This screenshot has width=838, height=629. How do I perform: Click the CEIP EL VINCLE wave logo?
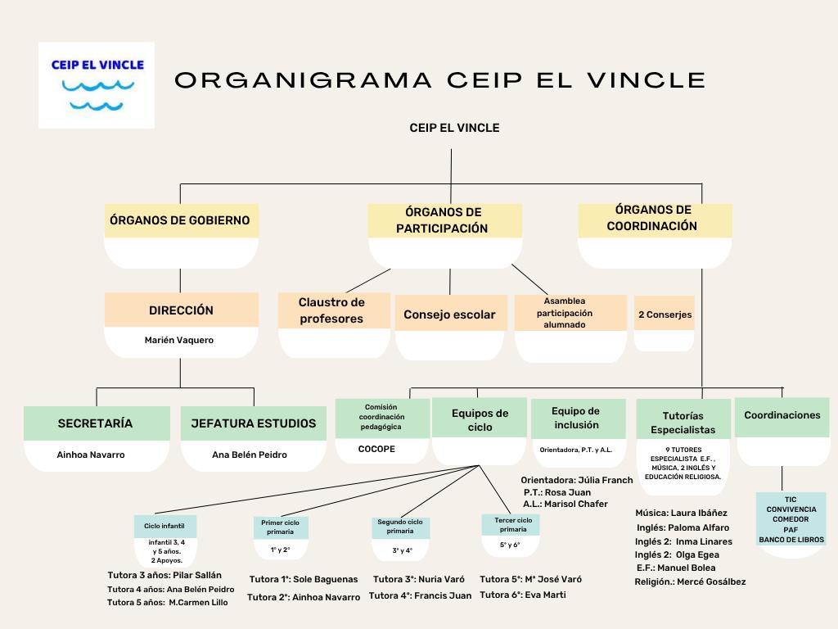click(97, 85)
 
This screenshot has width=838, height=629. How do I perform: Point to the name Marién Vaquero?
click(179, 340)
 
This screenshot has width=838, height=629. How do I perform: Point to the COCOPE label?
click(376, 449)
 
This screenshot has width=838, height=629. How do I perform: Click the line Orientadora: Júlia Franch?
click(577, 480)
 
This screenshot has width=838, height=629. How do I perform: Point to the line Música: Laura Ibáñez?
click(681, 513)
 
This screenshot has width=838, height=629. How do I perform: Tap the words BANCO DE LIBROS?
click(791, 540)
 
